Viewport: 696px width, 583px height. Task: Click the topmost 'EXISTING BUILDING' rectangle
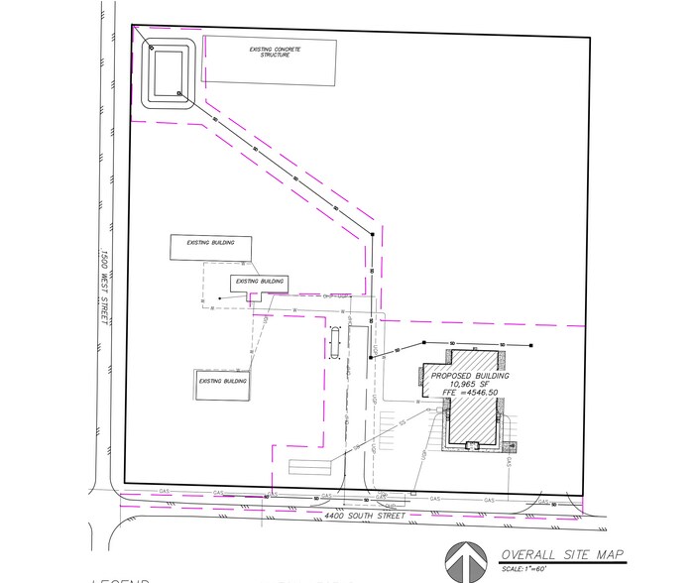coord(210,248)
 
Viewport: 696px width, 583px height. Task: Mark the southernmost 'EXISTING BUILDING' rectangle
coord(221,383)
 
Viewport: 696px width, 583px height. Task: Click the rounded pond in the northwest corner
coord(170,72)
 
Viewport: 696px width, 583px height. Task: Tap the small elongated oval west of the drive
coord(334,342)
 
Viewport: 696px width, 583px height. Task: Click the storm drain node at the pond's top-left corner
coord(151,47)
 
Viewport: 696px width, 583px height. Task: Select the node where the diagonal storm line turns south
coord(373,234)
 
